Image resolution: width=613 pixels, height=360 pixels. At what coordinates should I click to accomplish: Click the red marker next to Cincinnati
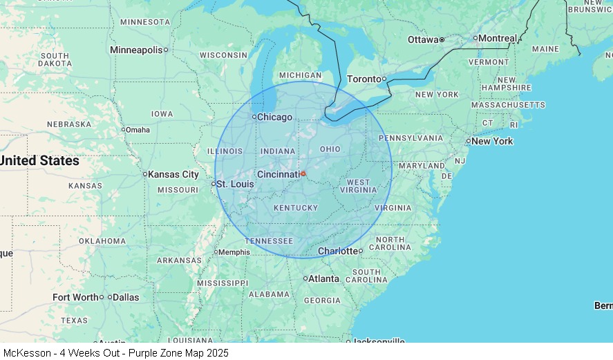303,173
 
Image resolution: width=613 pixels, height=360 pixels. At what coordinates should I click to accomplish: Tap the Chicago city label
274,117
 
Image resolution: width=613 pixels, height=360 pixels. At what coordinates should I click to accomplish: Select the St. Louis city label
234,184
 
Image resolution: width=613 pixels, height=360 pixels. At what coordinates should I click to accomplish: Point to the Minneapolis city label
136,50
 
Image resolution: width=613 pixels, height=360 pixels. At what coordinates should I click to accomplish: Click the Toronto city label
364,79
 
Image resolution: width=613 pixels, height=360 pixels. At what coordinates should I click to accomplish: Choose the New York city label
492,141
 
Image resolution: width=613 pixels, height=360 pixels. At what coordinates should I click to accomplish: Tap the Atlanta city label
323,278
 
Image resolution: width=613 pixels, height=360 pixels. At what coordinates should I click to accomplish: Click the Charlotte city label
337,251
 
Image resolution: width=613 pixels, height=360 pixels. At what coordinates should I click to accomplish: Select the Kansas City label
173,174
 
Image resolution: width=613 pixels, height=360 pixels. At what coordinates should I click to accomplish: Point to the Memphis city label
234,252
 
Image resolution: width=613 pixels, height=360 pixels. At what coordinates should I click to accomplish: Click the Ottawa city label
423,39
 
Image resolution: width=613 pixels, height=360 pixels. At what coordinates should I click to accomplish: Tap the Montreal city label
498,38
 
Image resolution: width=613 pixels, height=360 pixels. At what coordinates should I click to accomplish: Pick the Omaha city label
138,129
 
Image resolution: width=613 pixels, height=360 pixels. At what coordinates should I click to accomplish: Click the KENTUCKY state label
296,207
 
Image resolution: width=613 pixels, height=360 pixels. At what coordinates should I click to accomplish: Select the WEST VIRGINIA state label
358,186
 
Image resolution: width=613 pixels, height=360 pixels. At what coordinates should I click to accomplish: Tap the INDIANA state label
278,151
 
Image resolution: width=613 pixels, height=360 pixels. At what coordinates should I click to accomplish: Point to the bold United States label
39,160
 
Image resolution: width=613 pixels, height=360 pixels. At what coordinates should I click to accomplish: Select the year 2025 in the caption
216,352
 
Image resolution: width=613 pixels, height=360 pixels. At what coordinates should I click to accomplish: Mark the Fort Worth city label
75,297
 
